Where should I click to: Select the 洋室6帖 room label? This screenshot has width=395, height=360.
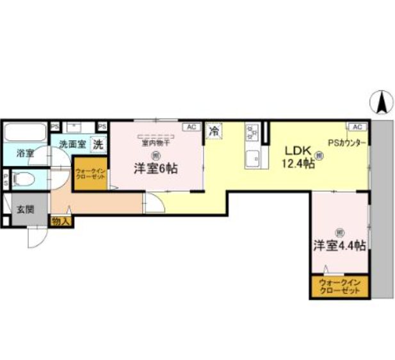tap(156, 168)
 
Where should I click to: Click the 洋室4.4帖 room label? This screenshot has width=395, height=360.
tap(339, 245)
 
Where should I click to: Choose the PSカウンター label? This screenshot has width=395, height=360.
tap(348, 142)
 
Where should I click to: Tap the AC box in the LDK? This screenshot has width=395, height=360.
tap(357, 127)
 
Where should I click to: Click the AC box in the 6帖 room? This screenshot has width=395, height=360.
tap(190, 127)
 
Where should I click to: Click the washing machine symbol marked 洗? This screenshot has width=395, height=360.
tap(98, 144)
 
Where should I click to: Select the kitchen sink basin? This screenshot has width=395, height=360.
tap(252, 157)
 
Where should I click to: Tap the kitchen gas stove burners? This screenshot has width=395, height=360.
tap(251, 132)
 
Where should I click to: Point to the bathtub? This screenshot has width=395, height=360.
tap(24, 133)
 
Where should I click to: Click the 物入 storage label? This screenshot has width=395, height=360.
tap(61, 222)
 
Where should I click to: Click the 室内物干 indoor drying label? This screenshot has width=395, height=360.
tap(156, 142)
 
